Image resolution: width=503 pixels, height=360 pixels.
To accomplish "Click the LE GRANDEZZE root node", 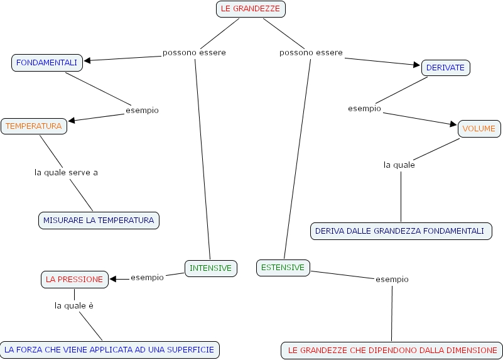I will pyautogui.click(x=251, y=9).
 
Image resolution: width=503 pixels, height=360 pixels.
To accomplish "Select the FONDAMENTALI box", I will pyautogui.click(x=47, y=63).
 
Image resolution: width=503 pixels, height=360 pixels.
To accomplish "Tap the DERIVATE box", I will pyautogui.click(x=446, y=68).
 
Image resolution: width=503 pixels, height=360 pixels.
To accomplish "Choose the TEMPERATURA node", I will pyautogui.click(x=34, y=126).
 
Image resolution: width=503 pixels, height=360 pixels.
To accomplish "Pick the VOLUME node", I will pyautogui.click(x=479, y=129).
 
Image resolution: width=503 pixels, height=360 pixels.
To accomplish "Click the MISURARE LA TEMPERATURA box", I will pyautogui.click(x=99, y=221).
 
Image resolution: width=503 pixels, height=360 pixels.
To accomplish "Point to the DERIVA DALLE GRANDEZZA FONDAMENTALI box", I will pyautogui.click(x=401, y=231).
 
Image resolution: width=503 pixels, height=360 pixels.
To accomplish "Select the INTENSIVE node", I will pyautogui.click(x=211, y=268).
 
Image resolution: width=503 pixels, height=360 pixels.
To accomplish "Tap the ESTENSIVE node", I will pyautogui.click(x=283, y=268).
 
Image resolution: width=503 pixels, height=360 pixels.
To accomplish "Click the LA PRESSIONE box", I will pyautogui.click(x=75, y=280).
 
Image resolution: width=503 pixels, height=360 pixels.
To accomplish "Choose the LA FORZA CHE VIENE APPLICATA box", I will pyautogui.click(x=109, y=350).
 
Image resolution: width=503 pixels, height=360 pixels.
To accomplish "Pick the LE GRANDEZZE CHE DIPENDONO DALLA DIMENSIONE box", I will pyautogui.click(x=392, y=351).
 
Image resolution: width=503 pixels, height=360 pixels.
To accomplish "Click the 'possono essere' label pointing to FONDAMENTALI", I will pyautogui.click(x=194, y=53).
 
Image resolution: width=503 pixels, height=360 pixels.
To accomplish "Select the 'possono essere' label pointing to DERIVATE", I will pyautogui.click(x=311, y=53).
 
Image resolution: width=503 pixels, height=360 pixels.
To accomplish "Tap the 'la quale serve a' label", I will pyautogui.click(x=66, y=172).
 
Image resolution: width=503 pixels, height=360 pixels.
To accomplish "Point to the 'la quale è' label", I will pyautogui.click(x=74, y=306).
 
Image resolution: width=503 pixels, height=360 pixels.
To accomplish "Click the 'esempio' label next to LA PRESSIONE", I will pyautogui.click(x=147, y=277).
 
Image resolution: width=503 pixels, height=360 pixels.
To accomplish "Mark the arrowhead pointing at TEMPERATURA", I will pyautogui.click(x=72, y=120).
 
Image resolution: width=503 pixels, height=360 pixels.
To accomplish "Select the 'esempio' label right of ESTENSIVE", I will pyautogui.click(x=392, y=279).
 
